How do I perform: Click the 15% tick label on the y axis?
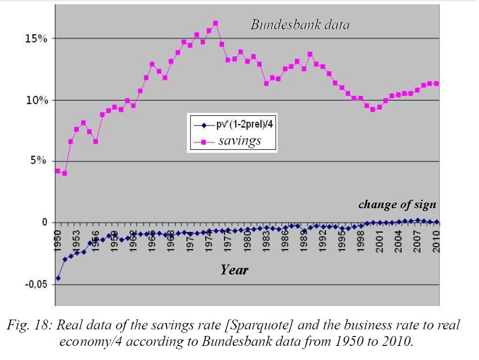point(37,39)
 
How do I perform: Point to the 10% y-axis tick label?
point(37,101)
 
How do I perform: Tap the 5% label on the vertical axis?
point(39,162)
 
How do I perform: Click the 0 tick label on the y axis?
point(45,222)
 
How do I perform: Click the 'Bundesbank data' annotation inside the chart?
point(300,25)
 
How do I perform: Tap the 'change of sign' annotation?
point(397,204)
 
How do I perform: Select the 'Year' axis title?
point(234,270)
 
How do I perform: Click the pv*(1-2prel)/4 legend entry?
point(240,126)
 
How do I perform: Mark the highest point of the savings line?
point(215,23)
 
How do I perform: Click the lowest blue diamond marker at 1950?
point(58,278)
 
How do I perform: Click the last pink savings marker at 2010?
point(436,84)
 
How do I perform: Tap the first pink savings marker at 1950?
point(58,171)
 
